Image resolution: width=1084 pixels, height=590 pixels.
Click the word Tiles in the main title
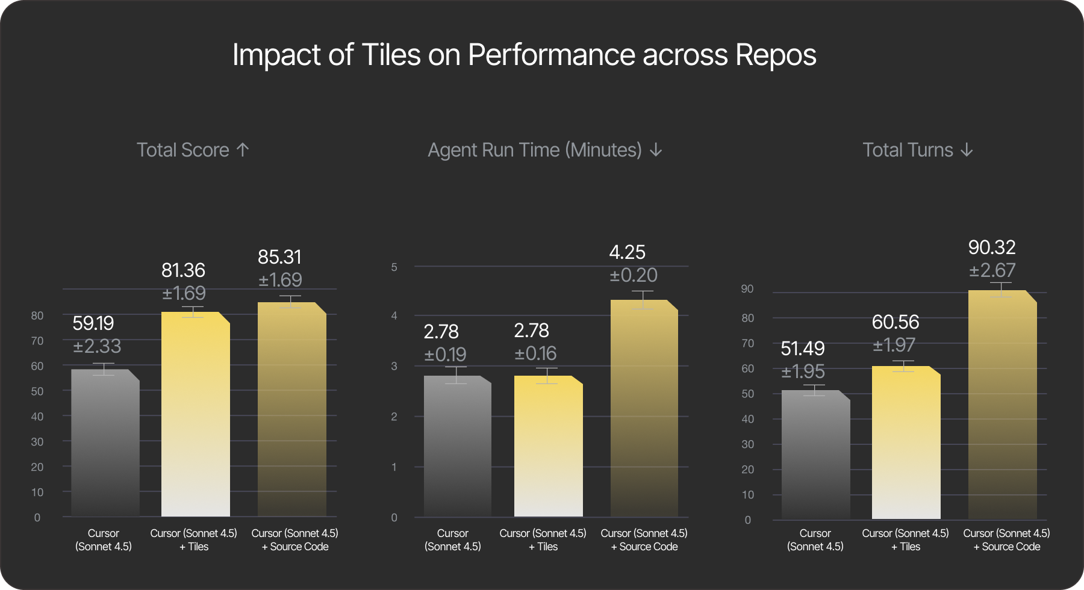pyautogui.click(x=391, y=55)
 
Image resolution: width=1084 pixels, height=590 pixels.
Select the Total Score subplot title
pyautogui.click(x=193, y=150)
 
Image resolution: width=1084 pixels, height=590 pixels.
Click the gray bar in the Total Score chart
pyautogui.click(x=105, y=446)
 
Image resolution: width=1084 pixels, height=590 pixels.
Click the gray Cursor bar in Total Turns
pyautogui.click(x=815, y=458)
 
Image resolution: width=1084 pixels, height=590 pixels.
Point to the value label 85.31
pyautogui.click(x=279, y=258)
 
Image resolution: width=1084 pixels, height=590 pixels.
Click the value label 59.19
pyautogui.click(x=93, y=324)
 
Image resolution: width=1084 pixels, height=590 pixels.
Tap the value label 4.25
pyautogui.click(x=627, y=252)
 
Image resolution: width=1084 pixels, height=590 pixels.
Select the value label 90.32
pyautogui.click(x=992, y=247)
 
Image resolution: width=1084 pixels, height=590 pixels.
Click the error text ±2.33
pyautogui.click(x=97, y=347)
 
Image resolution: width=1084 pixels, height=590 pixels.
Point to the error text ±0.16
pyautogui.click(x=535, y=353)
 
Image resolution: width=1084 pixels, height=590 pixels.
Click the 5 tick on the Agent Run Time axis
pyautogui.click(x=394, y=267)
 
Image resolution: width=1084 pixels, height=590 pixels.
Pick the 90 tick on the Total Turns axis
pyautogui.click(x=747, y=289)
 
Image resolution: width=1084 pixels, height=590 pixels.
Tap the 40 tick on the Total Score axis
pyautogui.click(x=37, y=417)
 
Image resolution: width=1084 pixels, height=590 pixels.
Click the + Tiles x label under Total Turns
pyautogui.click(x=906, y=547)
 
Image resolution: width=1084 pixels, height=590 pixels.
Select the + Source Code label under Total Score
pyautogui.click(x=295, y=547)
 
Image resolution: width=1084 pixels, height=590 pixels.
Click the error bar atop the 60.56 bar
pyautogui.click(x=903, y=366)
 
